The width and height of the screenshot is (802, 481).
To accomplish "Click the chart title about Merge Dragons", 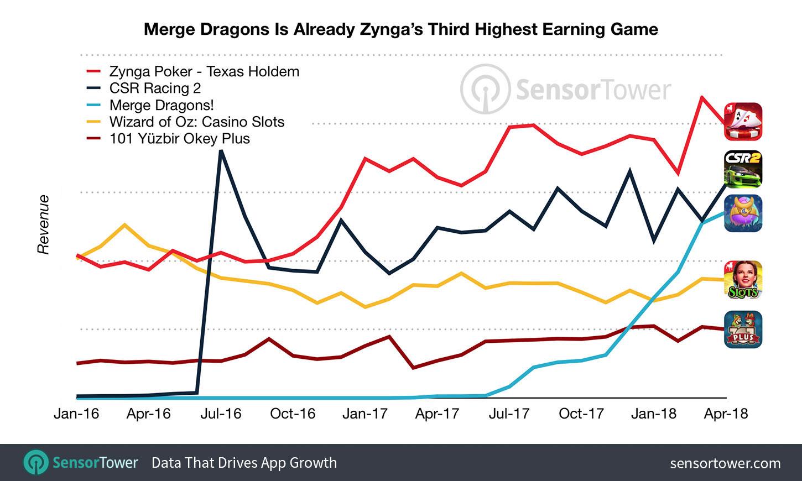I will pos(400,29).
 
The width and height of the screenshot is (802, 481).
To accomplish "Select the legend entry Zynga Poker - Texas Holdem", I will pos(204,72).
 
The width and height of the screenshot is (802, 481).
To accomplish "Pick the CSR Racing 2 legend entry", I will pos(155,88).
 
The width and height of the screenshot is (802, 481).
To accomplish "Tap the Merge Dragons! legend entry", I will pos(162,105).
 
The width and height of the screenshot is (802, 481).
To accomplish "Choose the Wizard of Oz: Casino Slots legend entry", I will pos(196,122).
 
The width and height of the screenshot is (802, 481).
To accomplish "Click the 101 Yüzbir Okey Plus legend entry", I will pos(179,138).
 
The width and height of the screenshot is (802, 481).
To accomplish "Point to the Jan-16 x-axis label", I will pos(76,414).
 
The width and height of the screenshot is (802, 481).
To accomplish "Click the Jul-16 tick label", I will pos(221,414).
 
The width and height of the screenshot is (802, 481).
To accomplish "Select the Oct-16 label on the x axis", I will pos(293,414).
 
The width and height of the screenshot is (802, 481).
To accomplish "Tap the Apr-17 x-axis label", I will pos(437,414).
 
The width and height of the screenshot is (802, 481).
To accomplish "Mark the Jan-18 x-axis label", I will pos(654,414).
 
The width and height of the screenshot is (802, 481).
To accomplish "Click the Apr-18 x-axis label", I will pos(726,414).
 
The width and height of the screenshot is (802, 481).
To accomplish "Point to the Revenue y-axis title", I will pos(43,224).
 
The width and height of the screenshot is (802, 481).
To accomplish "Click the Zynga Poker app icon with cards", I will pos(743,122).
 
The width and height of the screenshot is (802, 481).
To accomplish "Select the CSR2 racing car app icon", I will pos(743,169).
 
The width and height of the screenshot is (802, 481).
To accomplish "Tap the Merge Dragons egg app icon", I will pos(743,213).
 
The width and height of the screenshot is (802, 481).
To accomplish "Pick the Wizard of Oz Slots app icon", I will pos(743,280).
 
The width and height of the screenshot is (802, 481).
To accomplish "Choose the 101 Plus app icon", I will pos(743,330).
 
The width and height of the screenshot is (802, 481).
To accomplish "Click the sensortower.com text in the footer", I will pos(725,463).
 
